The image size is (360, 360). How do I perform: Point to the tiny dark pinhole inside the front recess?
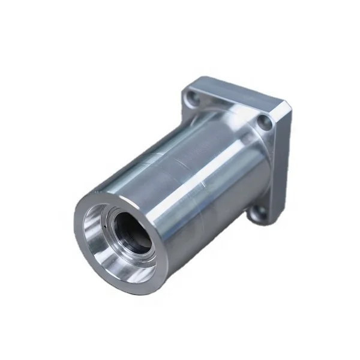106,229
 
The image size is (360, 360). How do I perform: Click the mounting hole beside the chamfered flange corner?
265,124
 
